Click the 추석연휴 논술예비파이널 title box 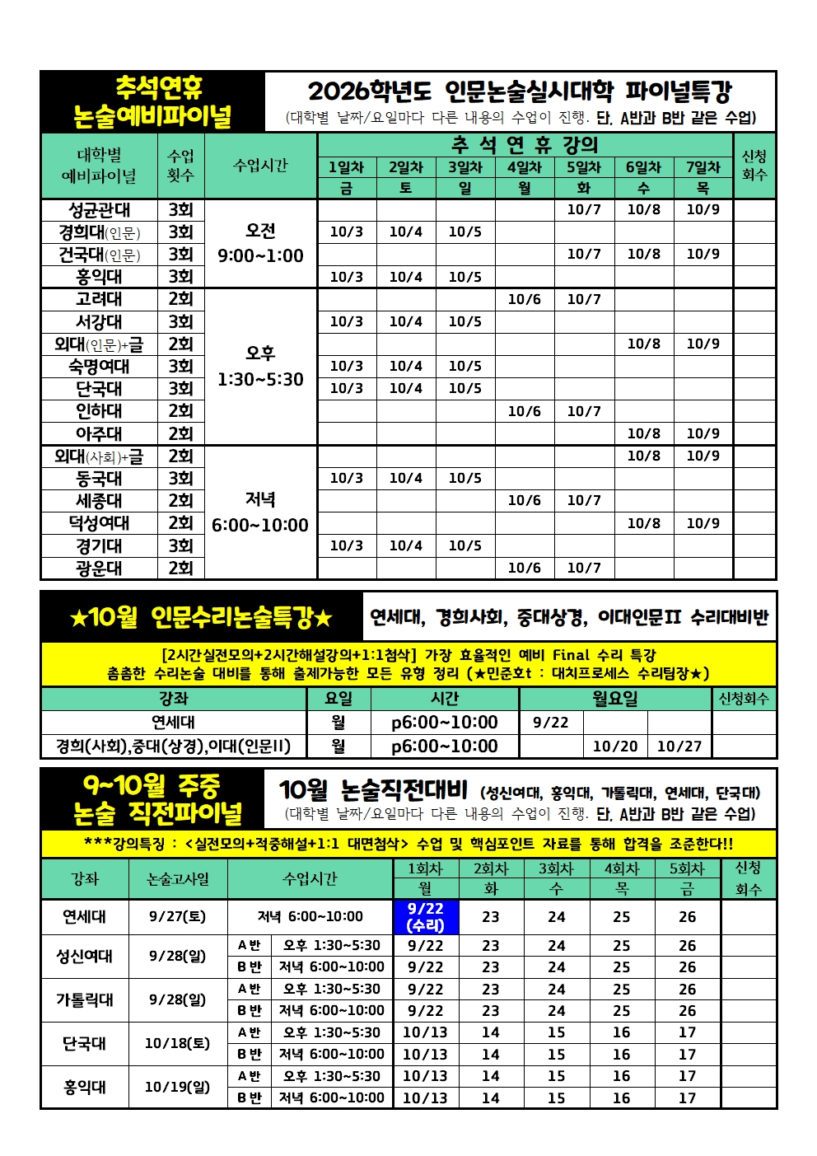coord(153,102)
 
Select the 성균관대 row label coord(99,210)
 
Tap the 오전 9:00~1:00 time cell coord(260,243)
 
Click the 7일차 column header coord(703,167)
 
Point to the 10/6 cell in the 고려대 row coord(524,299)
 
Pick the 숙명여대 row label coord(99,366)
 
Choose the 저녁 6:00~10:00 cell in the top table coord(260,512)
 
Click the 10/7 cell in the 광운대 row coord(583,568)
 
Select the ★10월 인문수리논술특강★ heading coord(202,616)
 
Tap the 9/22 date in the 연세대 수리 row coord(550,723)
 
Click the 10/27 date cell coord(679,746)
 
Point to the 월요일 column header coord(614,699)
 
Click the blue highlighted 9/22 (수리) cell coord(425,916)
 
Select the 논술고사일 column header coord(178,879)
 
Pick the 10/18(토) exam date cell coord(177,1043)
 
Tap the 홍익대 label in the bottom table coord(84,1087)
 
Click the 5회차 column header coord(687,868)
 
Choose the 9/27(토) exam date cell coord(177,916)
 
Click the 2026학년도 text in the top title coord(370,91)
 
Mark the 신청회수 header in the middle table coord(743,699)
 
